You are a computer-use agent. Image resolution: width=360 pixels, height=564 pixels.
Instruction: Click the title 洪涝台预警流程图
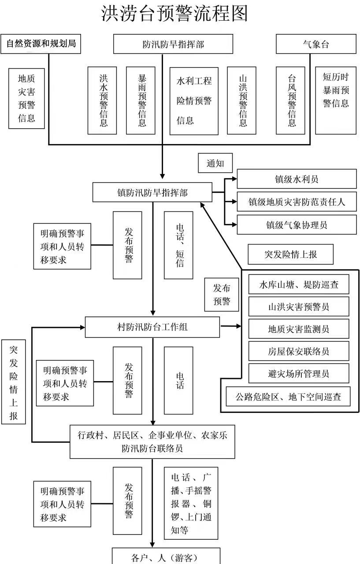(175, 13)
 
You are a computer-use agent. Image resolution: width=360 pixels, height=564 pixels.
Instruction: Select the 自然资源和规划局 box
(41, 44)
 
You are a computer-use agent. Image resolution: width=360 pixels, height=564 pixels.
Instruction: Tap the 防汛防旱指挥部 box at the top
(173, 44)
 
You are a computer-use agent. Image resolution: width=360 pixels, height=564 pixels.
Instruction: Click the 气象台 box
(315, 44)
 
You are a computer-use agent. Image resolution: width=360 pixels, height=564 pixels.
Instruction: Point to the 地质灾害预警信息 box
(26, 98)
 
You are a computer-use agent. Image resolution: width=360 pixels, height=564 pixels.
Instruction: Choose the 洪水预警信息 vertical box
(102, 100)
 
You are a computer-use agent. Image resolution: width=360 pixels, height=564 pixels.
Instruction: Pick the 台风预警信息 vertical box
(290, 100)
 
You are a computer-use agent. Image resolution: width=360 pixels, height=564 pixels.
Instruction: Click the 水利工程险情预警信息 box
(194, 101)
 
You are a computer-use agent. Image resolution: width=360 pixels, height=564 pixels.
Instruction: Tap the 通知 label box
(215, 163)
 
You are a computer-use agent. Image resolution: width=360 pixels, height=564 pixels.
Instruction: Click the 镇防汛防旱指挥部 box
(152, 193)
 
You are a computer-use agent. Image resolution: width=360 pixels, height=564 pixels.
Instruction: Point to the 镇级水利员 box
(297, 179)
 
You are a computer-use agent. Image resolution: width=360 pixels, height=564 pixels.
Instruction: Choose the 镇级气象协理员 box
(297, 225)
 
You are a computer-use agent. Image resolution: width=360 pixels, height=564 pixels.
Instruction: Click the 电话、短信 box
(178, 245)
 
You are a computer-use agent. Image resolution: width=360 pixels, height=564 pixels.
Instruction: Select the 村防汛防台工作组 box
(152, 327)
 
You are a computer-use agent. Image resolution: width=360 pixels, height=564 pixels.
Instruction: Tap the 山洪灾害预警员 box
(299, 306)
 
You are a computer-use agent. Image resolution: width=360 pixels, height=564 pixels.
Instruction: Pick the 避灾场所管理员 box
(299, 374)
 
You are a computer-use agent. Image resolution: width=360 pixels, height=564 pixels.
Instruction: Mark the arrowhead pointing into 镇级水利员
(234, 179)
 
